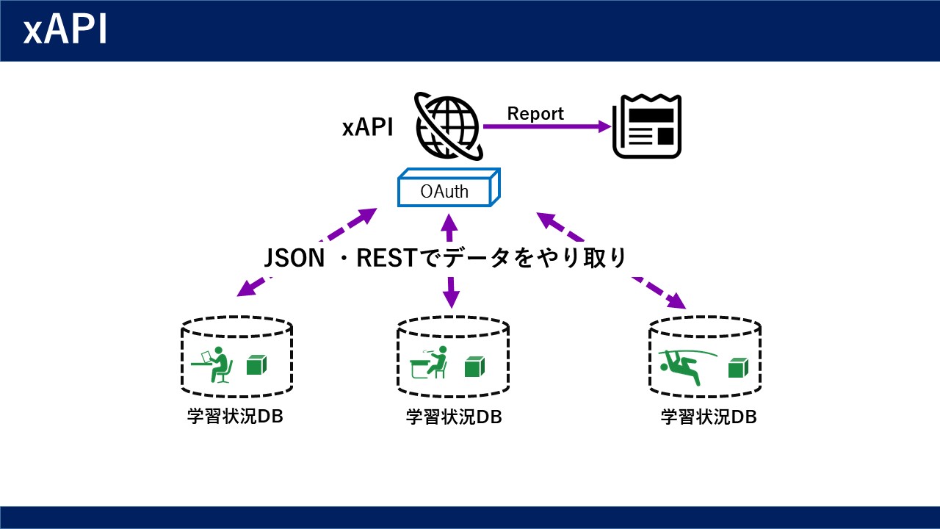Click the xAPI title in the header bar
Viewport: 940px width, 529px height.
pyautogui.click(x=65, y=29)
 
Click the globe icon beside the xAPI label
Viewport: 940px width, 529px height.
pyautogui.click(x=448, y=126)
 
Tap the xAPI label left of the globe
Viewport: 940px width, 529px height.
pyautogui.click(x=368, y=127)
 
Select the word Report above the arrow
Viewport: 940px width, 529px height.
pyautogui.click(x=535, y=113)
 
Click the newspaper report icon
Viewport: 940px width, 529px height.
pyautogui.click(x=647, y=126)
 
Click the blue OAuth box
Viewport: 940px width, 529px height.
pyautogui.click(x=449, y=187)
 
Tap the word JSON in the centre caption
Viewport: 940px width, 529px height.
pyautogui.click(x=294, y=258)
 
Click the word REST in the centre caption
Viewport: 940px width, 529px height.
pyautogui.click(x=386, y=258)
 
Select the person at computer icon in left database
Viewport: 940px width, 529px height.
pyautogui.click(x=211, y=364)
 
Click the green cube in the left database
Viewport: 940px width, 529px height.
pyautogui.click(x=256, y=365)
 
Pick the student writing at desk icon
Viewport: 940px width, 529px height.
pyautogui.click(x=429, y=362)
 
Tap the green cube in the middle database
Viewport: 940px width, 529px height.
pyautogui.click(x=475, y=367)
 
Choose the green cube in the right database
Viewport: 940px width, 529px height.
pyautogui.click(x=738, y=368)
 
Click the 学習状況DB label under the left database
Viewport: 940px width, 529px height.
pyautogui.click(x=235, y=417)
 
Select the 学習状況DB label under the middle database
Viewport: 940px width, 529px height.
pyautogui.click(x=454, y=417)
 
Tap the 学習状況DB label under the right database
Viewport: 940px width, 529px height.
pyautogui.click(x=709, y=417)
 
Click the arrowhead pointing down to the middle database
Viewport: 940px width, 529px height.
pyautogui.click(x=451, y=298)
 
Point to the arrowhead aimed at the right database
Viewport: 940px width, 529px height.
pyautogui.click(x=676, y=301)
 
